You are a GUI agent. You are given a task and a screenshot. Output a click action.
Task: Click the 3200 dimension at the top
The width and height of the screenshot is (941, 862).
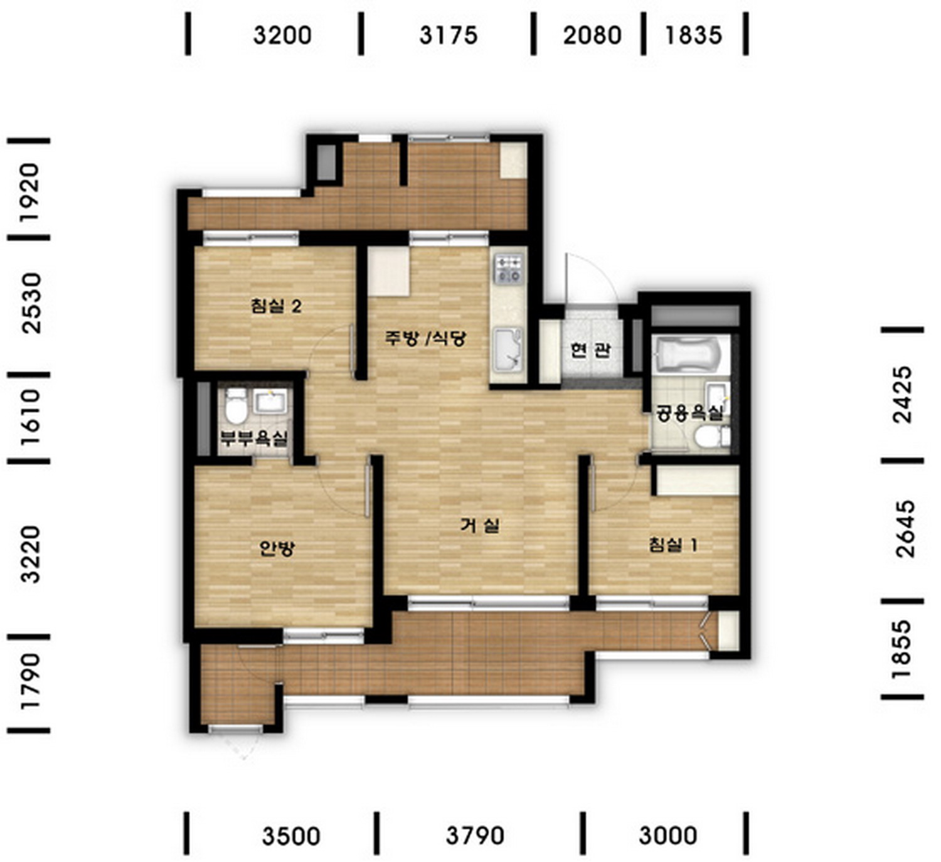pyautogui.click(x=282, y=35)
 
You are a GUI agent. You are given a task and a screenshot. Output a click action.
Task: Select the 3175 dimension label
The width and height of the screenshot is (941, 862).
pyautogui.click(x=449, y=35)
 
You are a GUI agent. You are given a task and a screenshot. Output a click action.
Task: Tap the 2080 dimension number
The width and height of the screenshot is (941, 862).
pyautogui.click(x=592, y=35)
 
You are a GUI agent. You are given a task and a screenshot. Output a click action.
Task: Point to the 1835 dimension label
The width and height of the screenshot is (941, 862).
pyautogui.click(x=694, y=35)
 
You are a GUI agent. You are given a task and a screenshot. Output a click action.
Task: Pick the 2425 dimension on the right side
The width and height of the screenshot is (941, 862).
pyautogui.click(x=903, y=395)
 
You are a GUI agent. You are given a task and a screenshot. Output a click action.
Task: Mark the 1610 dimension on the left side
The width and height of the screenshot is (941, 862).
pyautogui.click(x=31, y=417)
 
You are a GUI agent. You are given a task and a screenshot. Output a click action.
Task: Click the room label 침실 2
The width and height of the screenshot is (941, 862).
pyautogui.click(x=276, y=306)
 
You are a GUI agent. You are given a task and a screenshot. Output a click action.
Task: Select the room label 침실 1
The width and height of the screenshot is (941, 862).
pyautogui.click(x=673, y=545)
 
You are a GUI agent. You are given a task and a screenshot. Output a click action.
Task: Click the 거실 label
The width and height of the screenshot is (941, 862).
pyautogui.click(x=480, y=526)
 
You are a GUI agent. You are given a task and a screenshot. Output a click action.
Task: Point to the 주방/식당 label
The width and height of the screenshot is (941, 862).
pyautogui.click(x=425, y=338)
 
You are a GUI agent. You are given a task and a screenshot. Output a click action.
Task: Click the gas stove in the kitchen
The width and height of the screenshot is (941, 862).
pyautogui.click(x=509, y=269)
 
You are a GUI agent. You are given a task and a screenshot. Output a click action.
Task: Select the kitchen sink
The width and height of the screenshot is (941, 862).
pyautogui.click(x=508, y=350)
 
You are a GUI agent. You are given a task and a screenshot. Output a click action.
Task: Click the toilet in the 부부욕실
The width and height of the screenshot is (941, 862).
pyautogui.click(x=236, y=406)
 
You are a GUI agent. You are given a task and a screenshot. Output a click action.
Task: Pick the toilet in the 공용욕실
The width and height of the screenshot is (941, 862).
pyautogui.click(x=712, y=436)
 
